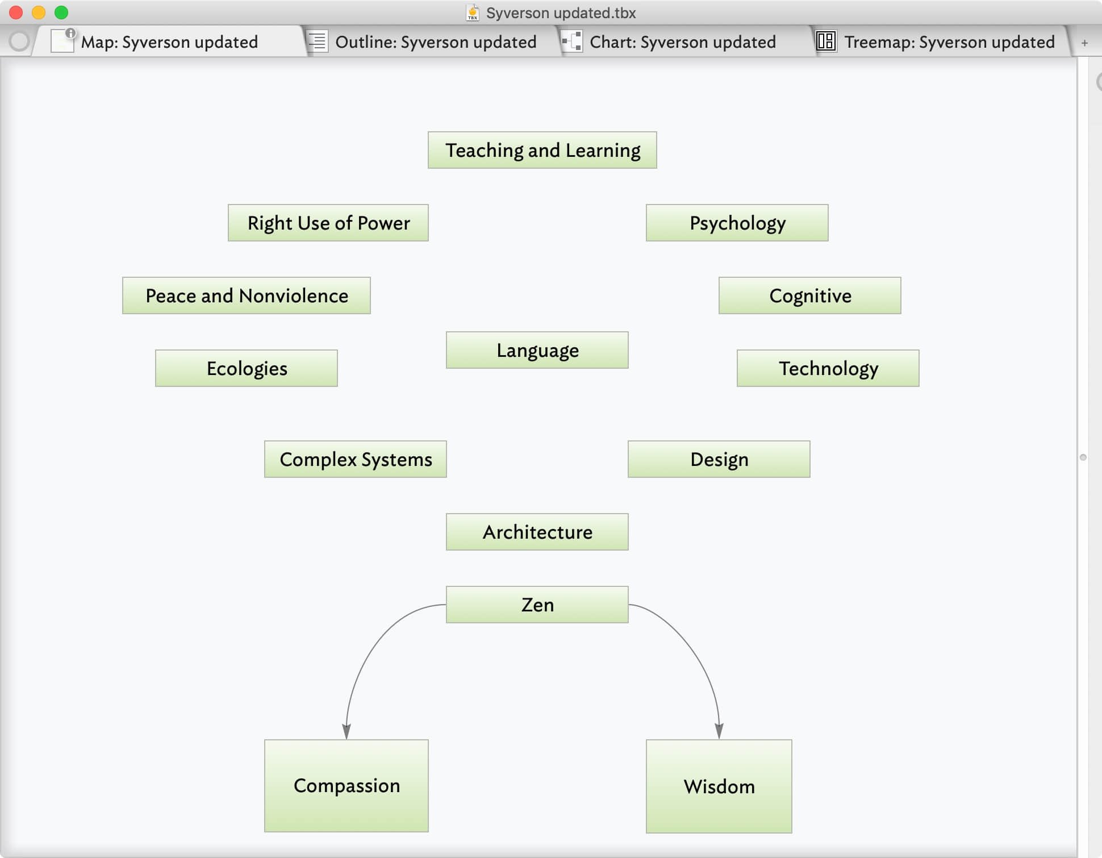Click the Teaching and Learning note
(542, 150)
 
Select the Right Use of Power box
(328, 223)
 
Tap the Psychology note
(737, 223)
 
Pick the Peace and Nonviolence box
(246, 295)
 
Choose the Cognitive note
(809, 295)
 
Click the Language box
(537, 350)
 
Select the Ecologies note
(246, 368)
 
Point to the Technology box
(828, 368)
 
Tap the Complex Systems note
(355, 459)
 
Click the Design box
(719, 459)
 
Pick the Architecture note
(537, 532)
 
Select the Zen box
(537, 605)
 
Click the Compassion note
(346, 785)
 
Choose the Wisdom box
(719, 786)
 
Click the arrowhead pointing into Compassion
(347, 731)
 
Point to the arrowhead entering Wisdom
(719, 731)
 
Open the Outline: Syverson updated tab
(435, 41)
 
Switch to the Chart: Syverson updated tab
(682, 41)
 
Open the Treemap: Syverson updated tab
(949, 41)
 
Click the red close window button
(16, 13)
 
